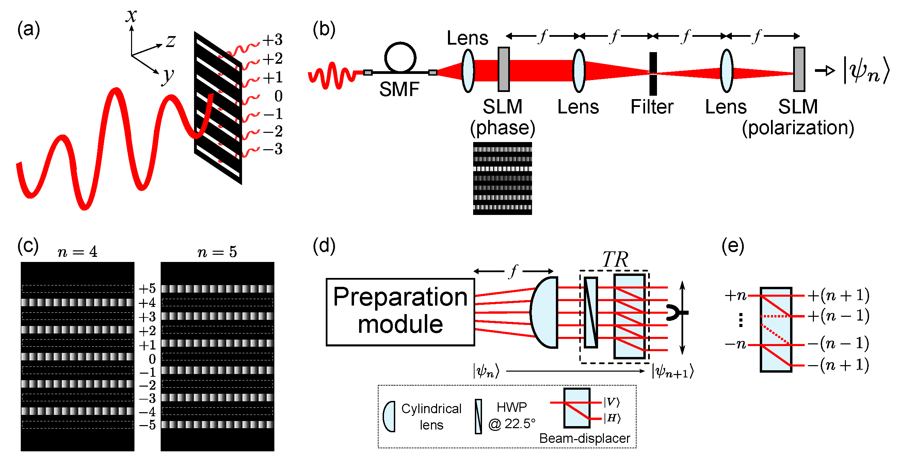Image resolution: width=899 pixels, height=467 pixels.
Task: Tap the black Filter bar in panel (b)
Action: [x=653, y=74]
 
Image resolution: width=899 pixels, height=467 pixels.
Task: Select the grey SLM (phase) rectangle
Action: [x=503, y=69]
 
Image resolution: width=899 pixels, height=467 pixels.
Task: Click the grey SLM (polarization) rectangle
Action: [x=799, y=69]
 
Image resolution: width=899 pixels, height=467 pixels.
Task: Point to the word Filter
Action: [x=652, y=107]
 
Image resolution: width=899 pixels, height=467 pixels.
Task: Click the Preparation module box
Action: [x=400, y=312]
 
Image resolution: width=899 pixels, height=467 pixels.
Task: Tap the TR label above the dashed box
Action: [x=615, y=259]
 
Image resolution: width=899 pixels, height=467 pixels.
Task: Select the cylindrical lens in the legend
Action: [x=389, y=416]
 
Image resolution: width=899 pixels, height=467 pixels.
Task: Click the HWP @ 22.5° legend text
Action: [x=512, y=416]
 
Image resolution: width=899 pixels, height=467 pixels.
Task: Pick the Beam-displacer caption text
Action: [x=584, y=438]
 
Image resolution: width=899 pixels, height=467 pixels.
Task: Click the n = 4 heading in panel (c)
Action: [x=78, y=252]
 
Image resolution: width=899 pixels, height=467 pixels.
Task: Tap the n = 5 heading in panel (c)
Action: [x=217, y=252]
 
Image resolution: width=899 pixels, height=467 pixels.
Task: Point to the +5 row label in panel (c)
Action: [x=147, y=289]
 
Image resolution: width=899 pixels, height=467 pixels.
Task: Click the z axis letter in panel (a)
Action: [x=171, y=41]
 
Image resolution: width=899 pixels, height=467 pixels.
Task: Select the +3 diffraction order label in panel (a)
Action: [x=273, y=40]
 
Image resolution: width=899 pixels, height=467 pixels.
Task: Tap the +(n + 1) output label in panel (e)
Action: [x=838, y=296]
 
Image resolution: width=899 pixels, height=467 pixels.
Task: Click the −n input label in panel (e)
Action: [x=735, y=344]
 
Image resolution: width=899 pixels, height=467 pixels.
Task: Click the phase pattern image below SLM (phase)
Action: [x=502, y=178]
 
